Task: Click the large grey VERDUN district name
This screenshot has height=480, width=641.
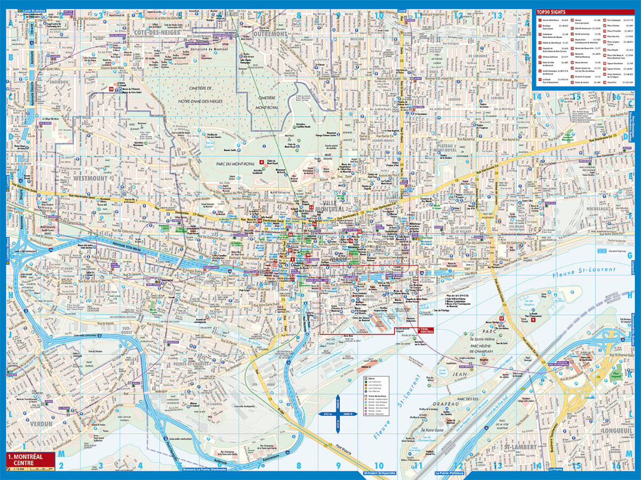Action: point(36,423)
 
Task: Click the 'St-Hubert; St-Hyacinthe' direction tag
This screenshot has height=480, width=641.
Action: point(380,473)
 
